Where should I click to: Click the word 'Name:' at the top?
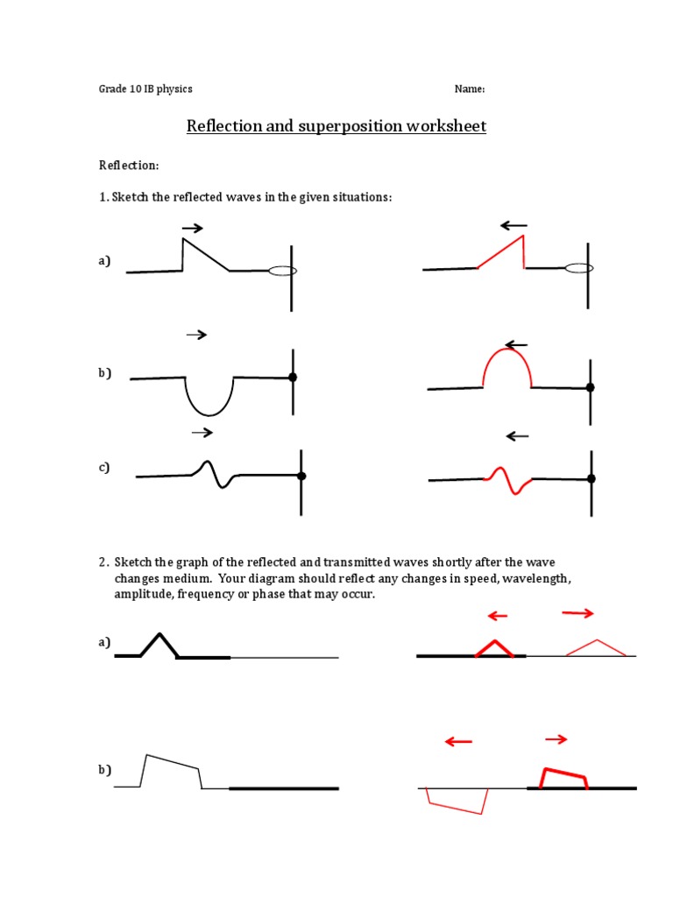point(469,88)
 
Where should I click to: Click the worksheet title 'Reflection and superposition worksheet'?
point(336,126)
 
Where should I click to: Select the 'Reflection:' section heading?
point(128,165)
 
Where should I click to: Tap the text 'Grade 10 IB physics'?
point(145,88)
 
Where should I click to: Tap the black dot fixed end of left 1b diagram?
point(293,378)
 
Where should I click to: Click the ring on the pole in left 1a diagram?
point(282,271)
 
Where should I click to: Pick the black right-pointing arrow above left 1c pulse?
point(202,432)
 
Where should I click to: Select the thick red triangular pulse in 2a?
point(496,647)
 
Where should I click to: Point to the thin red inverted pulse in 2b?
point(456,801)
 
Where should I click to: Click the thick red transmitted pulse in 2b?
point(563,779)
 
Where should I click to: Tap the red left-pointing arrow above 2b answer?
point(458,742)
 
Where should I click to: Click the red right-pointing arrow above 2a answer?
point(577,614)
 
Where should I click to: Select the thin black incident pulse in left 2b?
point(171,770)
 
